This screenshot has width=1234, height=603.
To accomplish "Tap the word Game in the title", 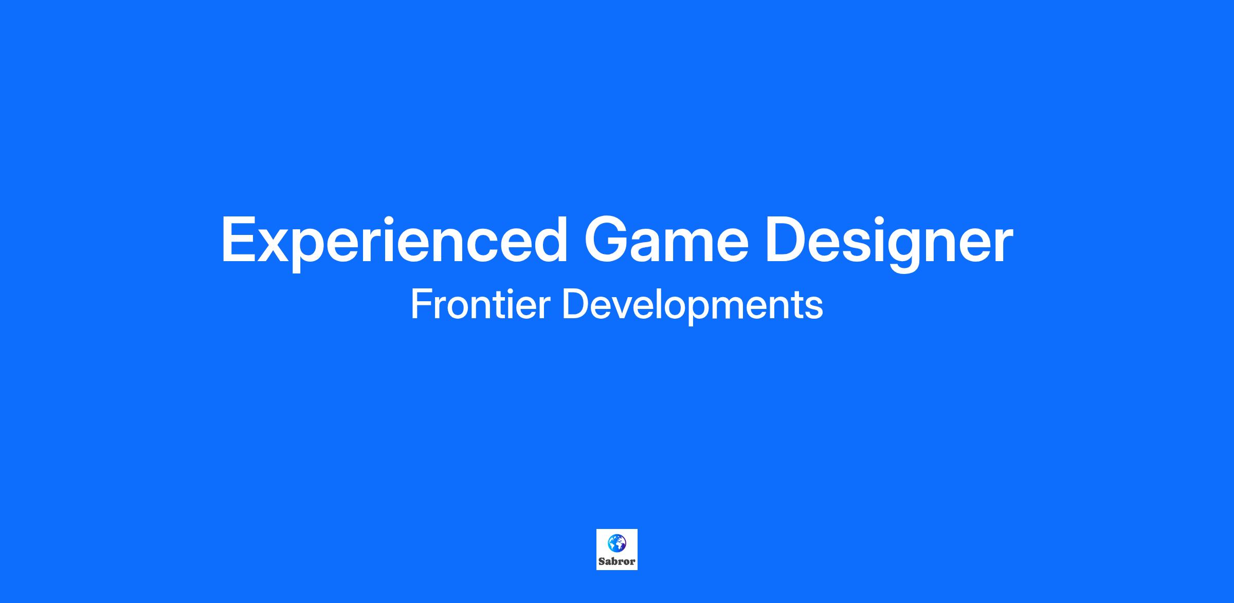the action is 666,240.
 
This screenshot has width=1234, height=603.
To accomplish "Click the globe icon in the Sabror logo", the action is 617,542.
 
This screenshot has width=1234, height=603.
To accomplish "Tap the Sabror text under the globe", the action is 617,561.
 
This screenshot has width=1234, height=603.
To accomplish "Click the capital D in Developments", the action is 576,304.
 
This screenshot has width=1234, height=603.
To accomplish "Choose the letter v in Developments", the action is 628,308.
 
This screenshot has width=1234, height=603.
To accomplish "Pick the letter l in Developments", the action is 668,304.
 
